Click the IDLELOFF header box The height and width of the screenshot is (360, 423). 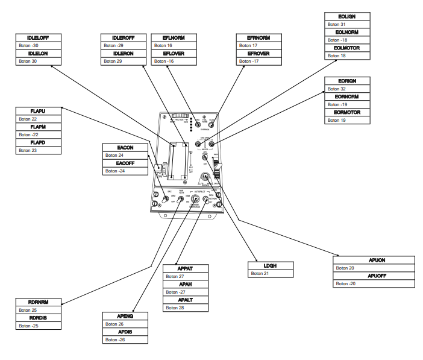pos(37,38)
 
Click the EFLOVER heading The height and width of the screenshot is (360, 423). pos(173,54)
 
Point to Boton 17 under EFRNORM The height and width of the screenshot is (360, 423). pos(248,45)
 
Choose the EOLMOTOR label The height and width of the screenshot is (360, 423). pos(348,48)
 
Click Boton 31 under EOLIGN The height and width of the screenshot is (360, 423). pos(337,24)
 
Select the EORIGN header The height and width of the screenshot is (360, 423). pos(348,81)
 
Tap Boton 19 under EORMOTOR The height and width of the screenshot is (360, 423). pos(337,120)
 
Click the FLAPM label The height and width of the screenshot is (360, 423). pos(37,127)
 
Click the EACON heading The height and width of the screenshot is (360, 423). pos(125,147)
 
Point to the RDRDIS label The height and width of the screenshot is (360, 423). pos(37,318)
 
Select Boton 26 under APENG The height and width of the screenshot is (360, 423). pos(114,324)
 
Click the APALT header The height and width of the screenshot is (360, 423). pos(185,300)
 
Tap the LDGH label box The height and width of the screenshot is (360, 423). pos(271,265)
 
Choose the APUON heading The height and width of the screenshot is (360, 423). pos(375,261)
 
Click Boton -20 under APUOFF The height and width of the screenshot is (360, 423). pos(346,283)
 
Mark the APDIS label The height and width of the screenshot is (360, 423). pos(125,332)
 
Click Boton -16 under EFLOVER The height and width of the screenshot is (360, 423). pos(163,61)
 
